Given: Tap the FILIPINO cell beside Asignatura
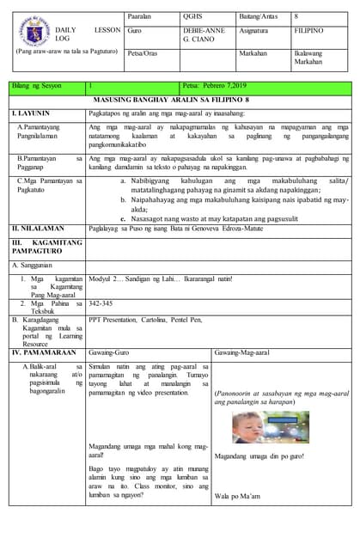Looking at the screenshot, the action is tap(309, 30).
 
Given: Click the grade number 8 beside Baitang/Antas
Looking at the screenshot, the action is tap(296, 15).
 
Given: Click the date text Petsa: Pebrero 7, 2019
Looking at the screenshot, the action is tap(216, 87).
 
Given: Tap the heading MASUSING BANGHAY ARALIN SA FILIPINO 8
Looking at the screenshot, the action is tap(180, 100).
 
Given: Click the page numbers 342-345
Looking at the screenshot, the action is tap(101, 303).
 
